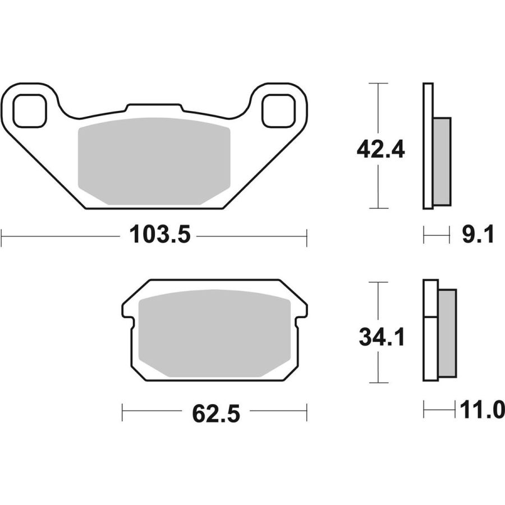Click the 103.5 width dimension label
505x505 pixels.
click(x=160, y=235)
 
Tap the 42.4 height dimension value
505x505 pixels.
click(x=380, y=149)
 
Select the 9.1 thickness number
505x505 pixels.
click(x=478, y=235)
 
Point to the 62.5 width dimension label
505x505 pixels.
click(x=216, y=414)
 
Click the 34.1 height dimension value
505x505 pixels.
click(x=382, y=337)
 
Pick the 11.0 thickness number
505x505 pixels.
click(x=482, y=410)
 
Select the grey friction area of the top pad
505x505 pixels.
click(x=154, y=161)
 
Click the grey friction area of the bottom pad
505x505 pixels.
click(x=214, y=333)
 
